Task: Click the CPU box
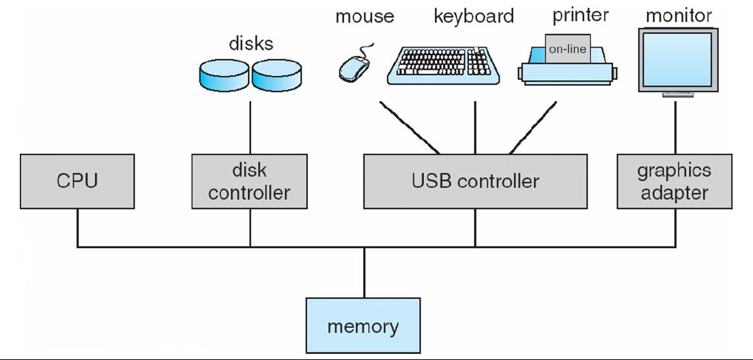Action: [77, 181]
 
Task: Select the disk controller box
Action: [249, 181]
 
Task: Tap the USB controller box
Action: [474, 181]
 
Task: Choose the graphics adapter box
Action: [674, 181]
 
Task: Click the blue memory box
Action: [363, 326]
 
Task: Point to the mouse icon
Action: [354, 67]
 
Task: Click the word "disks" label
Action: [251, 44]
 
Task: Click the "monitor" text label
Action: [679, 15]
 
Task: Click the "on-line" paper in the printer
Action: [568, 49]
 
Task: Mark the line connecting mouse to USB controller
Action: [410, 128]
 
